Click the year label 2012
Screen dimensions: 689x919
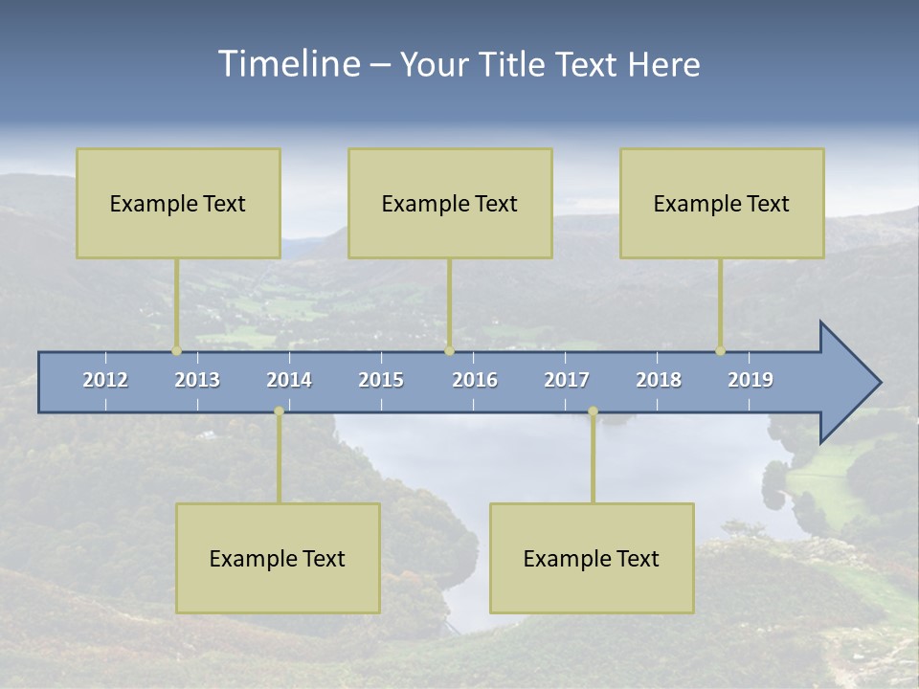point(105,380)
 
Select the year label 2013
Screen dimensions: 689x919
point(197,380)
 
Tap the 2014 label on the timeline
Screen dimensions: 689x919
point(289,380)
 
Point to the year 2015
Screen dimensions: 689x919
point(381,380)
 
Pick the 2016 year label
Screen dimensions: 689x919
point(475,380)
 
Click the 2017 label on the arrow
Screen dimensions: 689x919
point(567,380)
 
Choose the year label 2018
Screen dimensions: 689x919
point(659,380)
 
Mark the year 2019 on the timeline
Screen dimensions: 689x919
point(751,380)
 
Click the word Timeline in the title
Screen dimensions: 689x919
point(288,64)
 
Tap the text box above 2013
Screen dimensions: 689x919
point(178,203)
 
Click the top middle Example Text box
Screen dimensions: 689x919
point(450,203)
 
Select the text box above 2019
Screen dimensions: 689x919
point(722,203)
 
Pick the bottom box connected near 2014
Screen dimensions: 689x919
point(278,558)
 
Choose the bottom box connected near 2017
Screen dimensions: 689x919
point(592,558)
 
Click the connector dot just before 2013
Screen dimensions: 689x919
point(176,351)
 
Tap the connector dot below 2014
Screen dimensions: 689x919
point(279,411)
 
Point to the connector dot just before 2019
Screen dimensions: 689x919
point(720,351)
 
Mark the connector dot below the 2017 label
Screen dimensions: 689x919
point(593,411)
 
